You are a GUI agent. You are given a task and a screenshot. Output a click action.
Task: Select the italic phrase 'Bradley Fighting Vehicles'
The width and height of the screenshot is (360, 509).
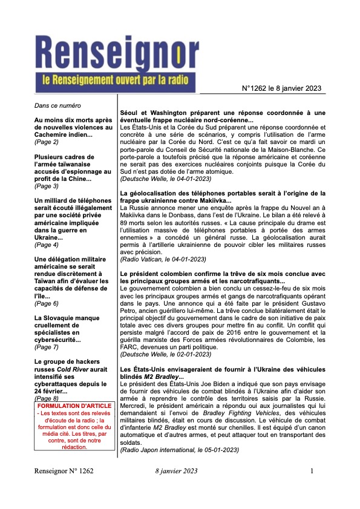(199, 410)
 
